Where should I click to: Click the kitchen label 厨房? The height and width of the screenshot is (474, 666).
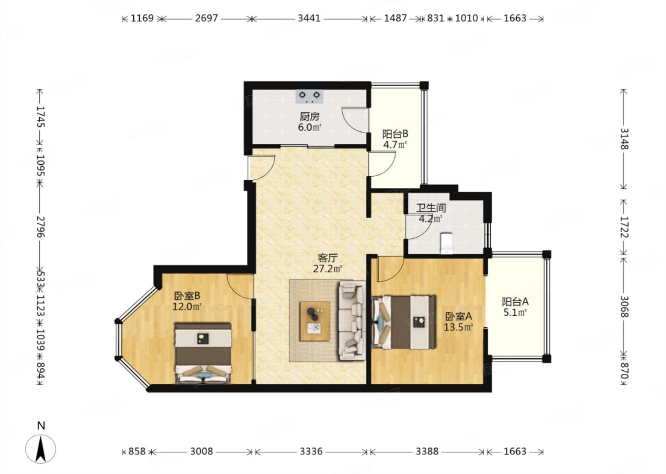[x=309, y=117]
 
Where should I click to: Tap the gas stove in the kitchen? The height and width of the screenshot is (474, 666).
[x=309, y=96]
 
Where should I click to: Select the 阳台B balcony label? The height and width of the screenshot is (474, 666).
[x=395, y=134]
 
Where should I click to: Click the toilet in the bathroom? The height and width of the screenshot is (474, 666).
[x=446, y=243]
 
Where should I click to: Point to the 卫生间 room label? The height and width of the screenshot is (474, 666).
[x=431, y=208]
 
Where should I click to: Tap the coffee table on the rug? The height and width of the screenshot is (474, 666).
[x=314, y=321]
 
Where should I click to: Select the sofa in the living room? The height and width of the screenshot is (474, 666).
[x=352, y=320]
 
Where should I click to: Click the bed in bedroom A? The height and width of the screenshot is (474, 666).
[x=404, y=322]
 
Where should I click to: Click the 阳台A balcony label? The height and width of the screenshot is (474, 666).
[x=515, y=302]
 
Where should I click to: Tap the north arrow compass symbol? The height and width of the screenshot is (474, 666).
[x=41, y=449]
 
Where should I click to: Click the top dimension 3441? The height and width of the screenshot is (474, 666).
[x=309, y=19]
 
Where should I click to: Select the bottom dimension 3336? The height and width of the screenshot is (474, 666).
[x=311, y=451]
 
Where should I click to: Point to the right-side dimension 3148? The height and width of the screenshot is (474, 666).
[x=624, y=138]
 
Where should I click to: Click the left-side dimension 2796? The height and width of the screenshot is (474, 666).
[x=41, y=227]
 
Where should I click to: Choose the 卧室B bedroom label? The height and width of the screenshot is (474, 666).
[x=187, y=296]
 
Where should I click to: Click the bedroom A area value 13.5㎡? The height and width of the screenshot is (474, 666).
[x=458, y=328]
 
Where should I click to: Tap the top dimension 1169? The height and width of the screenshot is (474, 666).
[x=142, y=19]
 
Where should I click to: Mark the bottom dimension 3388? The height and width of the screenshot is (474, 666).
[x=426, y=451]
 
